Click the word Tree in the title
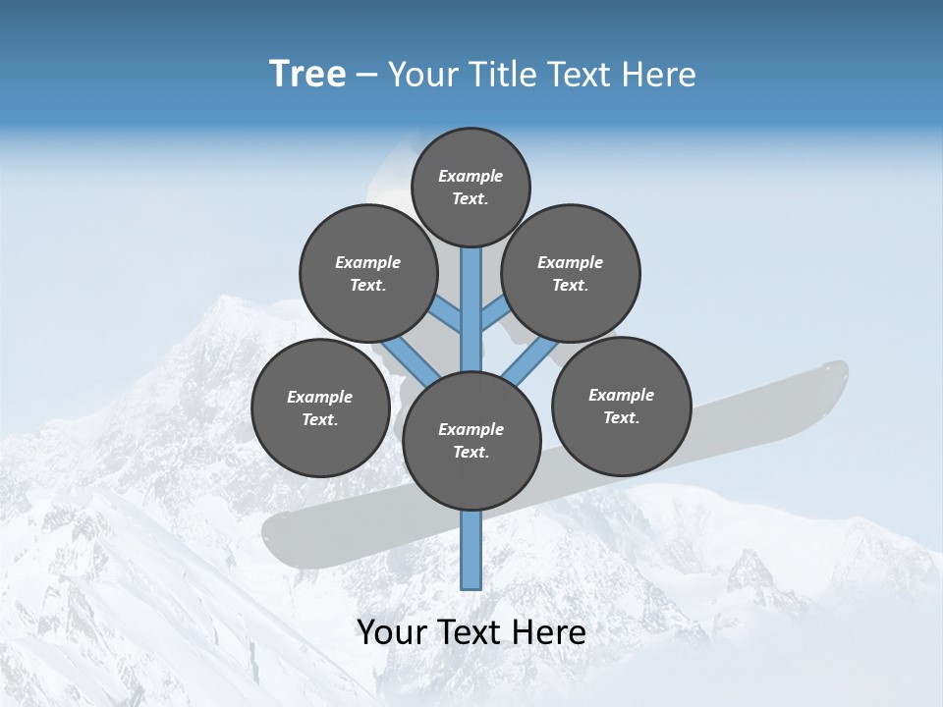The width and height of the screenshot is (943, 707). coord(307,75)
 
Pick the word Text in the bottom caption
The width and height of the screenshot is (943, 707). coord(471,632)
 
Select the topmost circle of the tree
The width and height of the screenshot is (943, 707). coord(471,187)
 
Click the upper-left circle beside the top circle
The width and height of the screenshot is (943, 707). coord(367,273)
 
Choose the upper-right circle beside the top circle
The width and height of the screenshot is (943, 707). coord(571,273)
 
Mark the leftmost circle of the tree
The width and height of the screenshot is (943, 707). coord(320,408)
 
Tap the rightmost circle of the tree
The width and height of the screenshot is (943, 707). coord(622,406)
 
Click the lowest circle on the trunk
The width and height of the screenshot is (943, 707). coord(471,441)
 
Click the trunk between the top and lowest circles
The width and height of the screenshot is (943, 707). coord(471,314)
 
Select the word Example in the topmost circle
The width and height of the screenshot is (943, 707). coord(471,176)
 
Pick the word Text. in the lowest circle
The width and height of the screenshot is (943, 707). coord(471,453)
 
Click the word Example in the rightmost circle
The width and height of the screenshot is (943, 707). coord(621,395)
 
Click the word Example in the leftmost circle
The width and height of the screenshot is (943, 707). coord(319,397)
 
